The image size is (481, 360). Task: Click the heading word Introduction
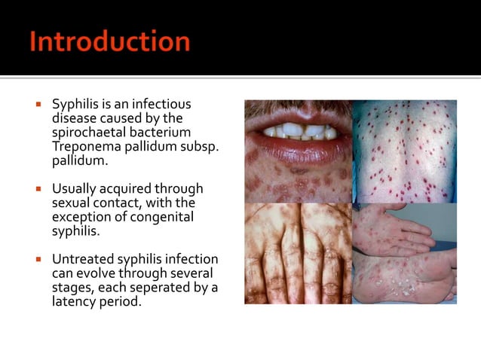110,41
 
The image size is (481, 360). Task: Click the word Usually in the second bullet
74,189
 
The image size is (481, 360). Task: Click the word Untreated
81,259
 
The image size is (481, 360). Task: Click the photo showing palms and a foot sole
405,252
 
